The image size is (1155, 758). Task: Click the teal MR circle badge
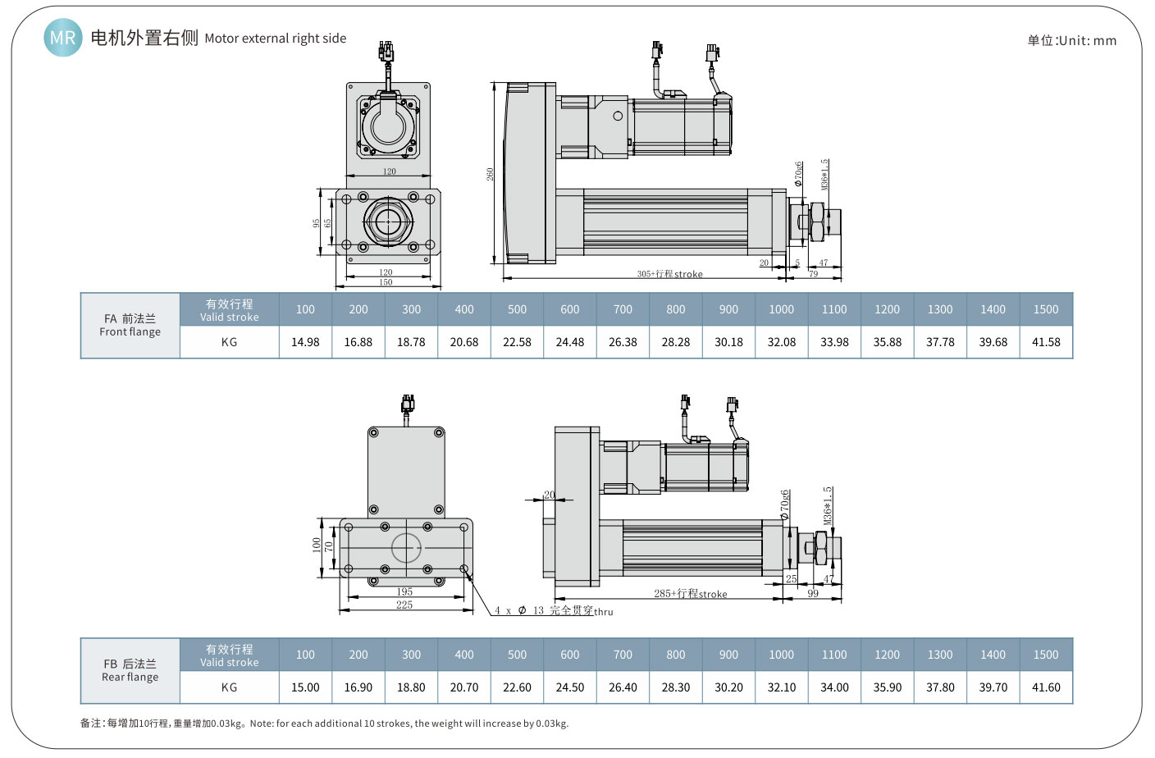(62, 38)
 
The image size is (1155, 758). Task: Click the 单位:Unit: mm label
(1071, 40)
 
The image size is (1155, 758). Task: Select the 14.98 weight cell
(305, 342)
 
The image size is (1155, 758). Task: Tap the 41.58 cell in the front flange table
(1046, 342)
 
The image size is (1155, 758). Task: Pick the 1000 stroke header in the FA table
(781, 309)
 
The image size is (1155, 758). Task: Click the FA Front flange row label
(130, 325)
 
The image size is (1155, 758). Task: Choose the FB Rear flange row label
(130, 670)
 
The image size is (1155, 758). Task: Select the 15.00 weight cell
(305, 687)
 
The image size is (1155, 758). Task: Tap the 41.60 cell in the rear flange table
(1046, 687)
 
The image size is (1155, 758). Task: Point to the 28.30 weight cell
(676, 687)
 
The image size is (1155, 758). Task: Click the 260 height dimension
(490, 174)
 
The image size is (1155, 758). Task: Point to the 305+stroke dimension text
(669, 274)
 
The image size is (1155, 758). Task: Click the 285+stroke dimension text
(690, 593)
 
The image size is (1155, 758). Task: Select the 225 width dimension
(404, 605)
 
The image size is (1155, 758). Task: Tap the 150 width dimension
(386, 282)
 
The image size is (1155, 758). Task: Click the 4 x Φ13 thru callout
(554, 610)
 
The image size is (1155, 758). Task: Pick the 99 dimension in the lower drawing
(813, 593)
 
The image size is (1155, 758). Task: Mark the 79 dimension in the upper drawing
(813, 274)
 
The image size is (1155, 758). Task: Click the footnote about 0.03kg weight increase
(324, 724)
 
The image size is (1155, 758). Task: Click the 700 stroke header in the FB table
(623, 655)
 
